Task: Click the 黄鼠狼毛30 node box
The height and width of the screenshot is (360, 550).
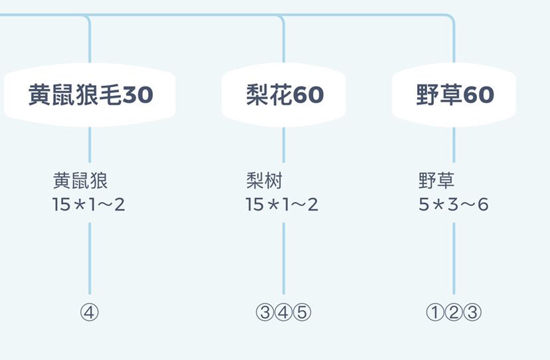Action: [90, 95]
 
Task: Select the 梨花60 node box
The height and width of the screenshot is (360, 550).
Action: [284, 95]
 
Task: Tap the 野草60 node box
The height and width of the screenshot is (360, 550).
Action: [454, 95]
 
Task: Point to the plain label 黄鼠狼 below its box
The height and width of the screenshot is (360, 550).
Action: [80, 181]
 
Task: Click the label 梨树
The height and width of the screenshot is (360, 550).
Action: [264, 181]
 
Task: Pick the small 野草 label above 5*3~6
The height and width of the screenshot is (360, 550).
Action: [436, 181]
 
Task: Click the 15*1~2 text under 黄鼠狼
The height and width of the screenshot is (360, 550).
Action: [88, 204]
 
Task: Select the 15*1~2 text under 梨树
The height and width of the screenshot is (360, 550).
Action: [282, 204]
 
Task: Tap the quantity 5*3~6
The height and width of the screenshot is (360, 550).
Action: [454, 204]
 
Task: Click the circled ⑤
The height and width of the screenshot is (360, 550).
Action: [302, 312]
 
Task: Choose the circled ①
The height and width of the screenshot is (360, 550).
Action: [435, 312]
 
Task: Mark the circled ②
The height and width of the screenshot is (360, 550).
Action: [454, 312]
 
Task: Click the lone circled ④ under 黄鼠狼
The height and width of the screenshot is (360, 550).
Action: [90, 312]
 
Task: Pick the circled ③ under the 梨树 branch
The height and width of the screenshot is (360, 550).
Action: [265, 312]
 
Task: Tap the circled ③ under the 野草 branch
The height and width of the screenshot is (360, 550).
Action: [472, 312]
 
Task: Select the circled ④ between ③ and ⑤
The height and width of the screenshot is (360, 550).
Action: [284, 312]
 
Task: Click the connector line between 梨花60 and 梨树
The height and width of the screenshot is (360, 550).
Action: [284, 145]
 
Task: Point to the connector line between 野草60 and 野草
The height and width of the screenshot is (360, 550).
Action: [454, 145]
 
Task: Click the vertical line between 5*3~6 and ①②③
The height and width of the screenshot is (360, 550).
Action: [454, 258]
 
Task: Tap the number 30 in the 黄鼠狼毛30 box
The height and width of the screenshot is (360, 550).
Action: [138, 95]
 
